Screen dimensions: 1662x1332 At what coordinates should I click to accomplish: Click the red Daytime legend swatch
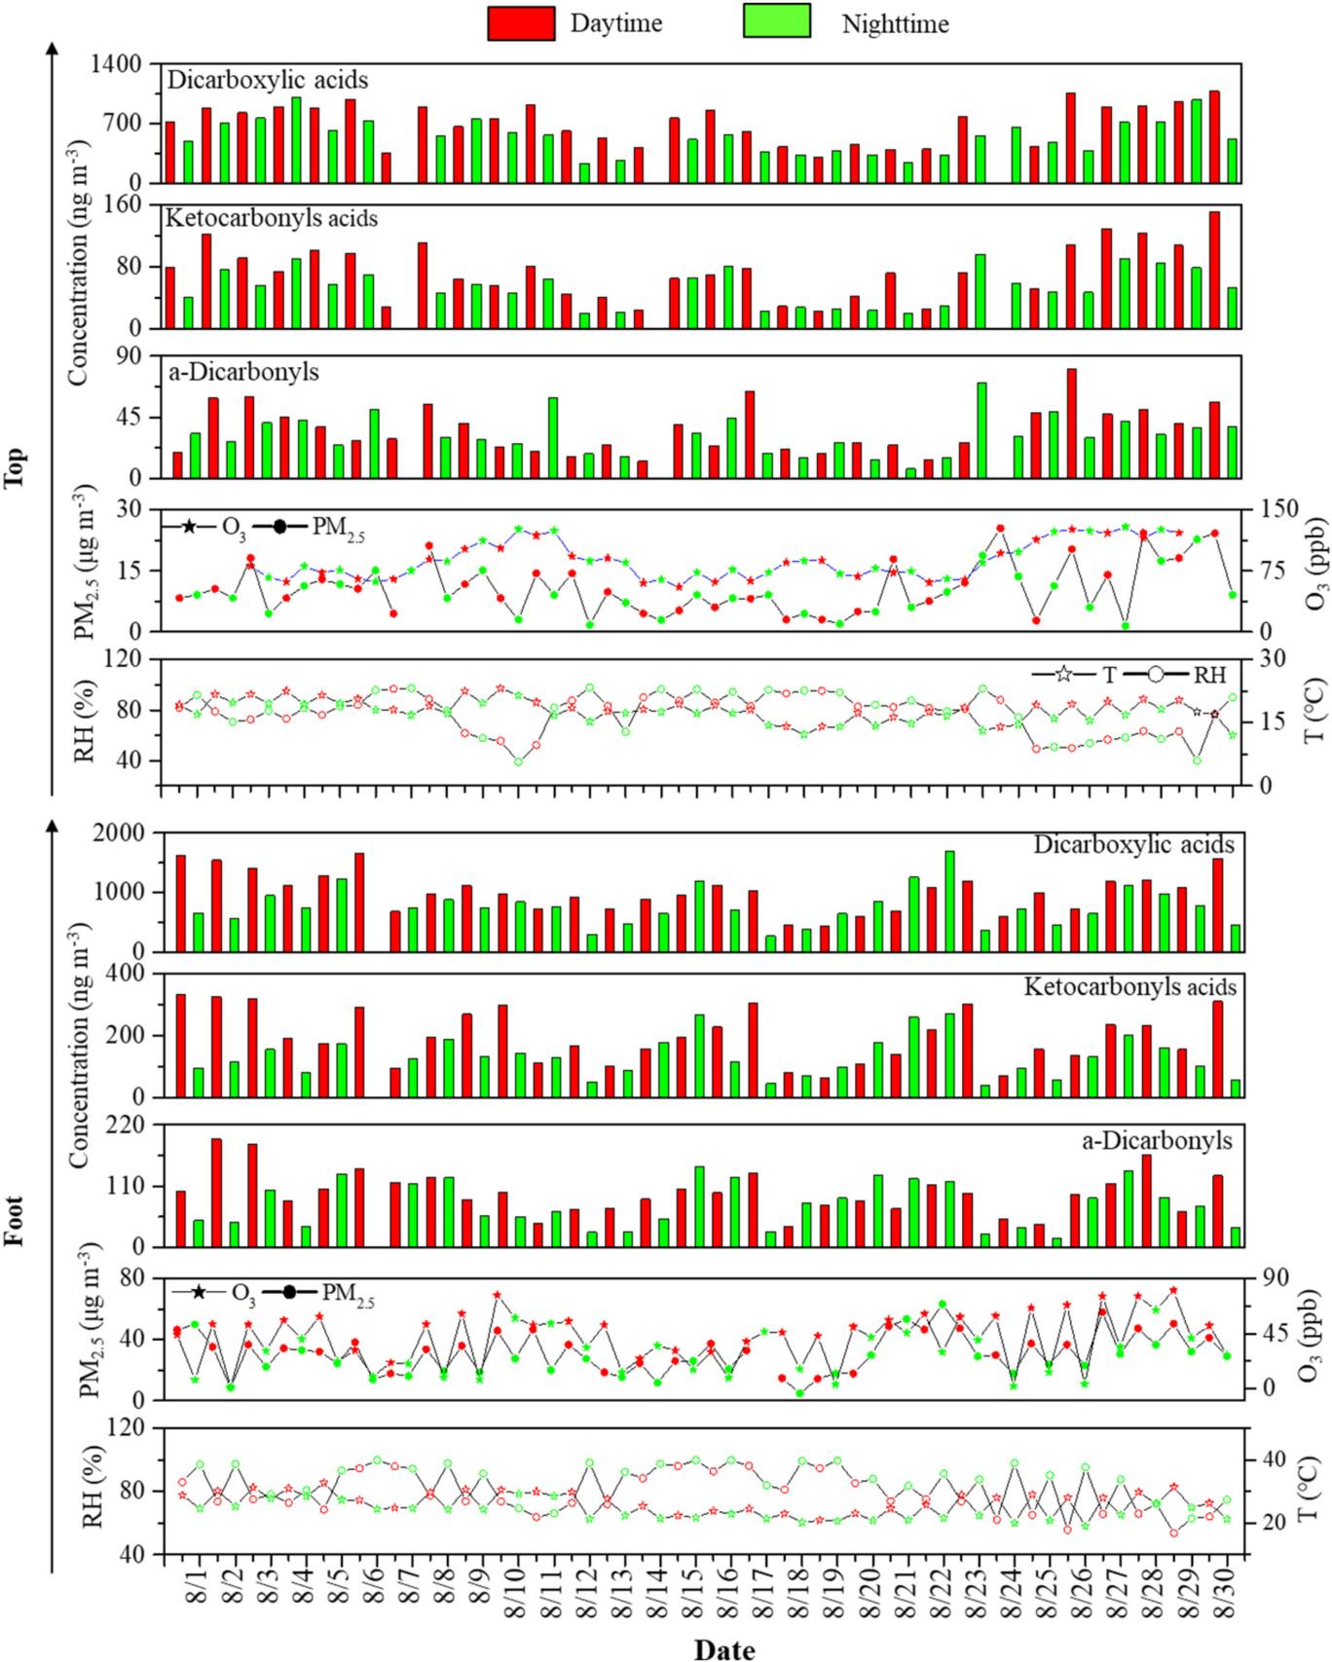tap(521, 22)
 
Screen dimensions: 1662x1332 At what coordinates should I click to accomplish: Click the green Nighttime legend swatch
tap(776, 22)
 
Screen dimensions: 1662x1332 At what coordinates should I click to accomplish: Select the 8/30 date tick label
tap(1226, 1596)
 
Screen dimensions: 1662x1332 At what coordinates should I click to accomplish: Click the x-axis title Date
tap(723, 1647)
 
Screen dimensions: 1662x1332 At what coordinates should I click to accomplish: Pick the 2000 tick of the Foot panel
tap(119, 833)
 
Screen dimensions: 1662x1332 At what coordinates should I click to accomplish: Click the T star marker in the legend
tap(1064, 675)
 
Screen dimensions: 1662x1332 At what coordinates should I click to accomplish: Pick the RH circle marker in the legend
tap(1159, 675)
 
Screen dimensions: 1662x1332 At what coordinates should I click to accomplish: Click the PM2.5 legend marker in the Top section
tap(279, 527)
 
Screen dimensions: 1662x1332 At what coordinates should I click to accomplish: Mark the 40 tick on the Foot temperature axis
tap(1267, 1459)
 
